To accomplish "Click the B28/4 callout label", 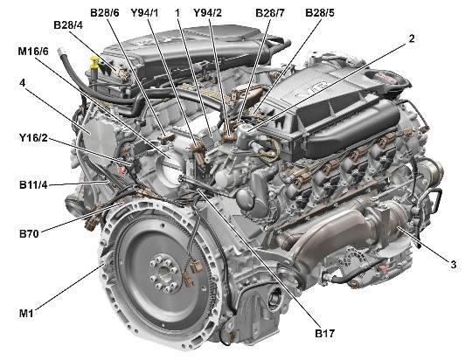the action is click(x=68, y=25).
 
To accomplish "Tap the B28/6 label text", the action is click(x=105, y=13).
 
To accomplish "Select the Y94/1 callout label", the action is click(x=144, y=13).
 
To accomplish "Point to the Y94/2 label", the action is click(x=207, y=13).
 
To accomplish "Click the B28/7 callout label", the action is click(x=270, y=13).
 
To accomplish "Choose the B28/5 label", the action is click(x=320, y=13).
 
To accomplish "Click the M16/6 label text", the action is click(x=33, y=52).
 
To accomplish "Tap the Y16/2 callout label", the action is click(x=33, y=138).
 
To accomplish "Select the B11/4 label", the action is click(x=33, y=185).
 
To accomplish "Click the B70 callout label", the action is click(x=29, y=233).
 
